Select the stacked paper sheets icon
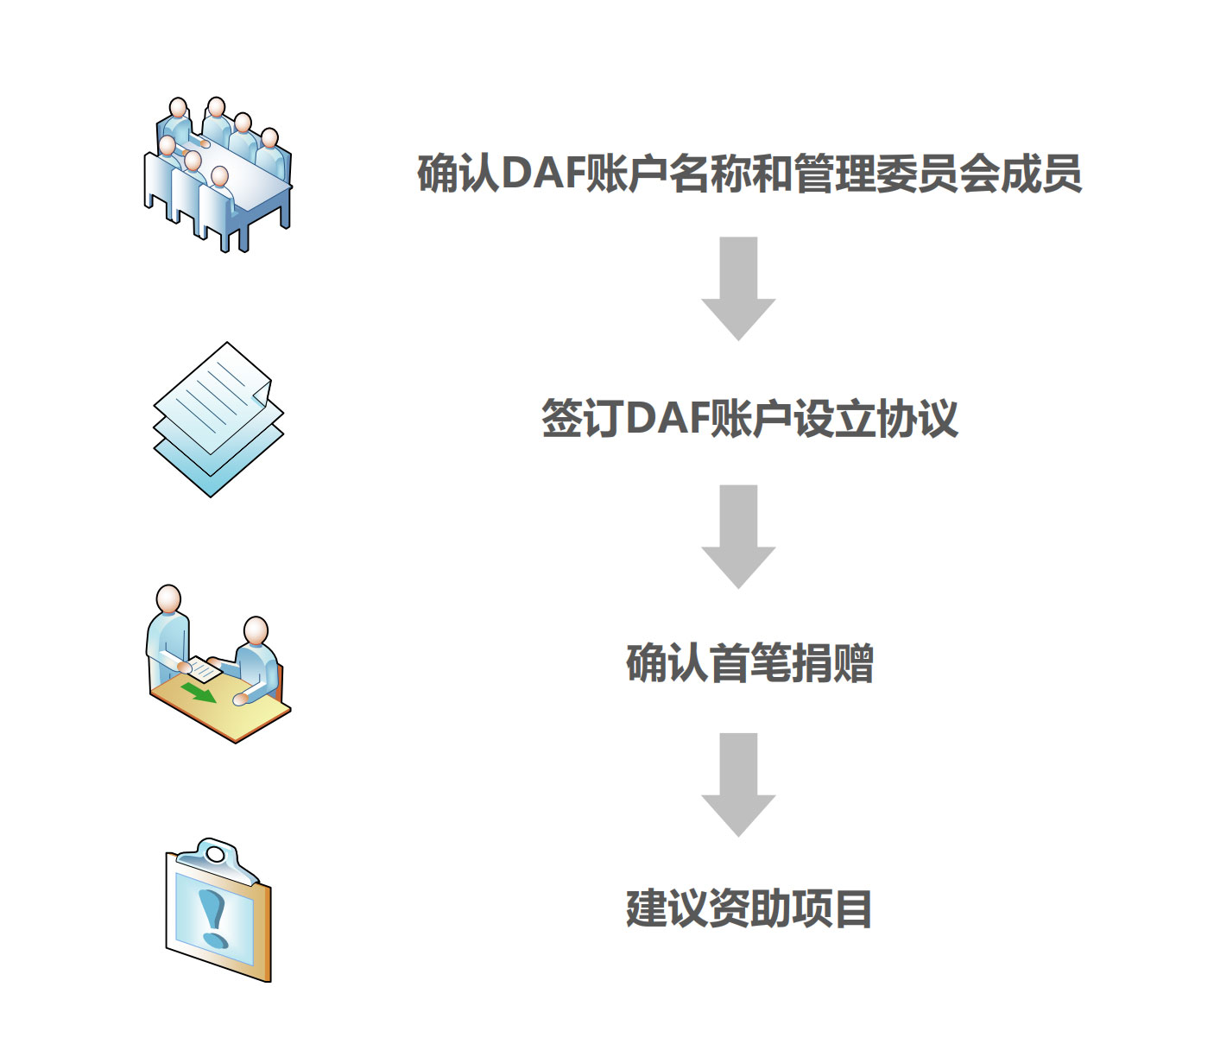218,419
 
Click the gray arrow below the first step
738,288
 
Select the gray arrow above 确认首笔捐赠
738,535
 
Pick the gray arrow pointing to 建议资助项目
738,784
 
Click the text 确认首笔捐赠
749,663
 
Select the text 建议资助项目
749,909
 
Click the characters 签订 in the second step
582,419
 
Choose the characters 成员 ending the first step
1041,174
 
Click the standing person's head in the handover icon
168,598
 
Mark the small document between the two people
205,668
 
